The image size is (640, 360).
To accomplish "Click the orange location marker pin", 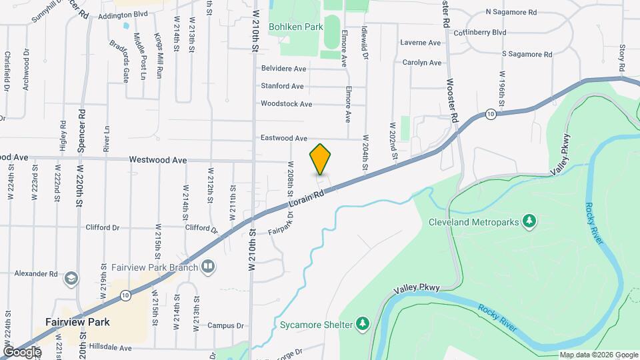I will click(321, 159).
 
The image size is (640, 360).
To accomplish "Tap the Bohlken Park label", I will click(295, 27).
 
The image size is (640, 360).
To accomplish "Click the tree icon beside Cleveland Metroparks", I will click(529, 221).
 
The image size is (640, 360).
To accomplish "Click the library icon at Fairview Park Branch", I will click(209, 268).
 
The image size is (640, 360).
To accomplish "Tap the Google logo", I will click(21, 351).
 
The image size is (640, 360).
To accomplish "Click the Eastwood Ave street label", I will click(283, 138).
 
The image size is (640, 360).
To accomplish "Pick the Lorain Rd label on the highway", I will click(307, 197).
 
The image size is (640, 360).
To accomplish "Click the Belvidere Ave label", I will click(283, 68).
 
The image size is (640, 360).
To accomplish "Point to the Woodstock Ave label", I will click(286, 104).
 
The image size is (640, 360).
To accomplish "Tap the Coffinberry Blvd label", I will click(480, 32).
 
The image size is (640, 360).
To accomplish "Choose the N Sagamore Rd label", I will click(511, 12).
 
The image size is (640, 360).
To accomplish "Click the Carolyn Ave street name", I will click(421, 63).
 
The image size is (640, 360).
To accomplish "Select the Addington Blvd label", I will click(125, 13).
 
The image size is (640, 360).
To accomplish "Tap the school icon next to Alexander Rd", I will click(71, 278).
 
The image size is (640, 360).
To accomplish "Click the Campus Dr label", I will click(225, 326).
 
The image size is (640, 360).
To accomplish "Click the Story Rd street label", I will click(621, 59).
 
